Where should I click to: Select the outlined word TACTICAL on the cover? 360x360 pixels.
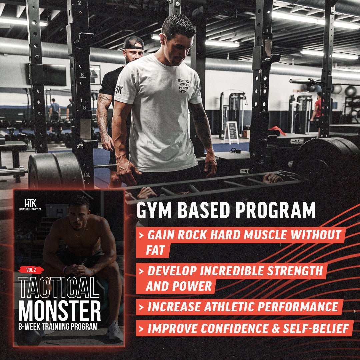coord(59,288)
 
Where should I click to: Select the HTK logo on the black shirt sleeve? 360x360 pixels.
coord(119,90)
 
